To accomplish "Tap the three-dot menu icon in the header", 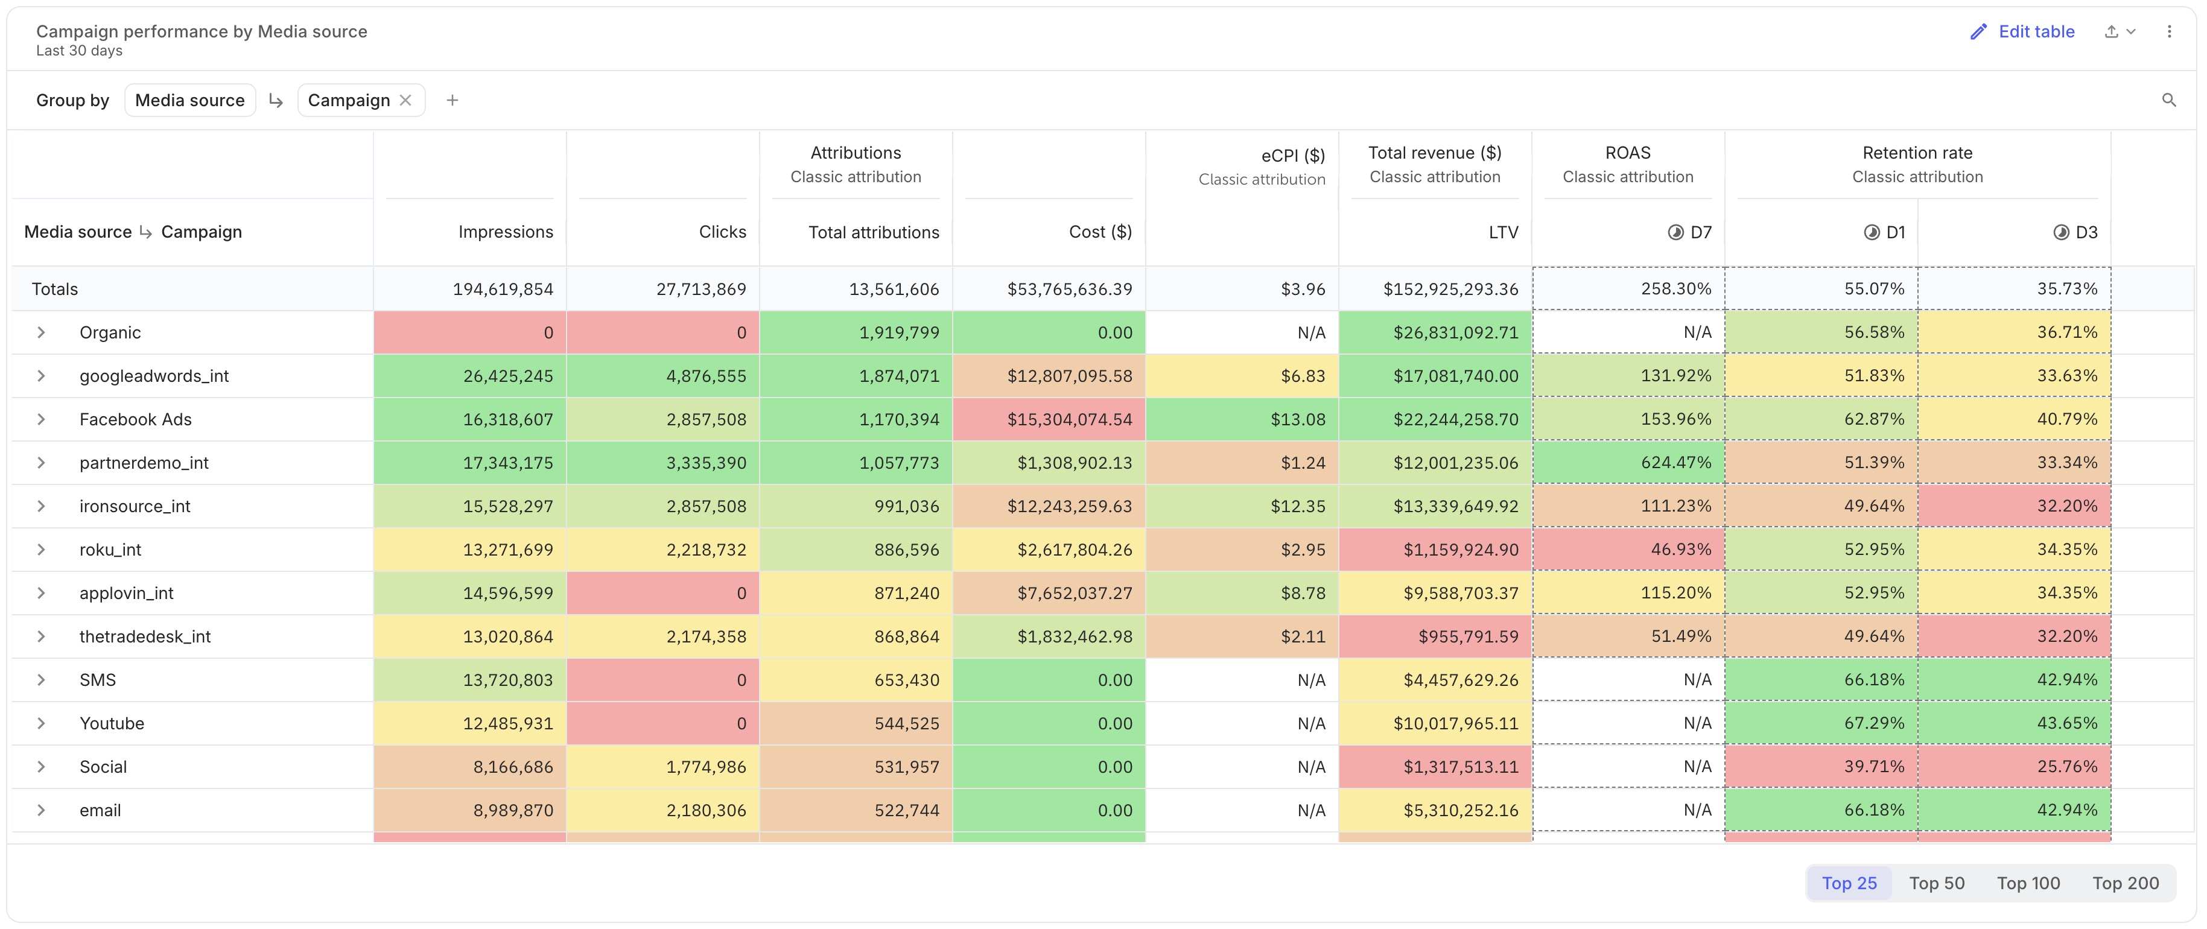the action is (2170, 32).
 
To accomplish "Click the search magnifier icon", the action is (2168, 100).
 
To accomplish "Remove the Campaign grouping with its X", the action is (405, 100).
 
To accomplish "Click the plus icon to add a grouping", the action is (453, 100).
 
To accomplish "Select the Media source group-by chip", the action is (189, 100).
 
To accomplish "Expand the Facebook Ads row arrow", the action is (40, 419).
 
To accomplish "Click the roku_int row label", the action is (110, 550).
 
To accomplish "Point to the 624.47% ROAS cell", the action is (1628, 463).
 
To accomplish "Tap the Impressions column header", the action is (506, 232).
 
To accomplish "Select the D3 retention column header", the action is (2075, 232).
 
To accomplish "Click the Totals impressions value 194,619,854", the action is (503, 289).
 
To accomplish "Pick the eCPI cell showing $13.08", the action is (1242, 419).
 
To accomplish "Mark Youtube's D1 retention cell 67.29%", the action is (1821, 723).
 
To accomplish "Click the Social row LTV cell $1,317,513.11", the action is (1435, 767).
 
